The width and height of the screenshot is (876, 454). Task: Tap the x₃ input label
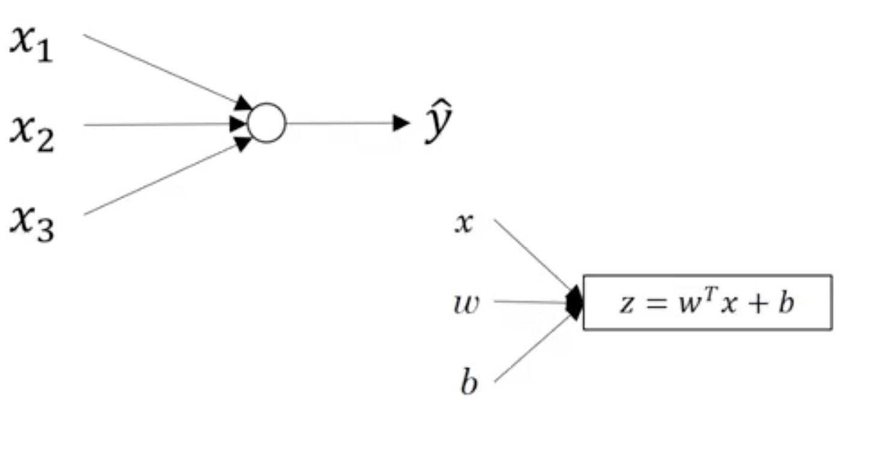pyautogui.click(x=31, y=222)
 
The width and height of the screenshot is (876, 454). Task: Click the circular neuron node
pyautogui.click(x=266, y=123)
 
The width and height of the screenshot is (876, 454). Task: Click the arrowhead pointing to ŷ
pyautogui.click(x=401, y=123)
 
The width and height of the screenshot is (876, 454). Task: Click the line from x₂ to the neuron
pyautogui.click(x=156, y=124)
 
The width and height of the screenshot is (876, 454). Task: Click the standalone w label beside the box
pyautogui.click(x=466, y=304)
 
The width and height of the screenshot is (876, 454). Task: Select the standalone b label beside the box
pyautogui.click(x=469, y=382)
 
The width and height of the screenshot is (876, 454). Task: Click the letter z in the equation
pyautogui.click(x=626, y=304)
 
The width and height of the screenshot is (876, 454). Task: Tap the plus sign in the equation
pyautogui.click(x=756, y=304)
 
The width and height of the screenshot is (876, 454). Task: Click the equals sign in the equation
pyautogui.click(x=653, y=304)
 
